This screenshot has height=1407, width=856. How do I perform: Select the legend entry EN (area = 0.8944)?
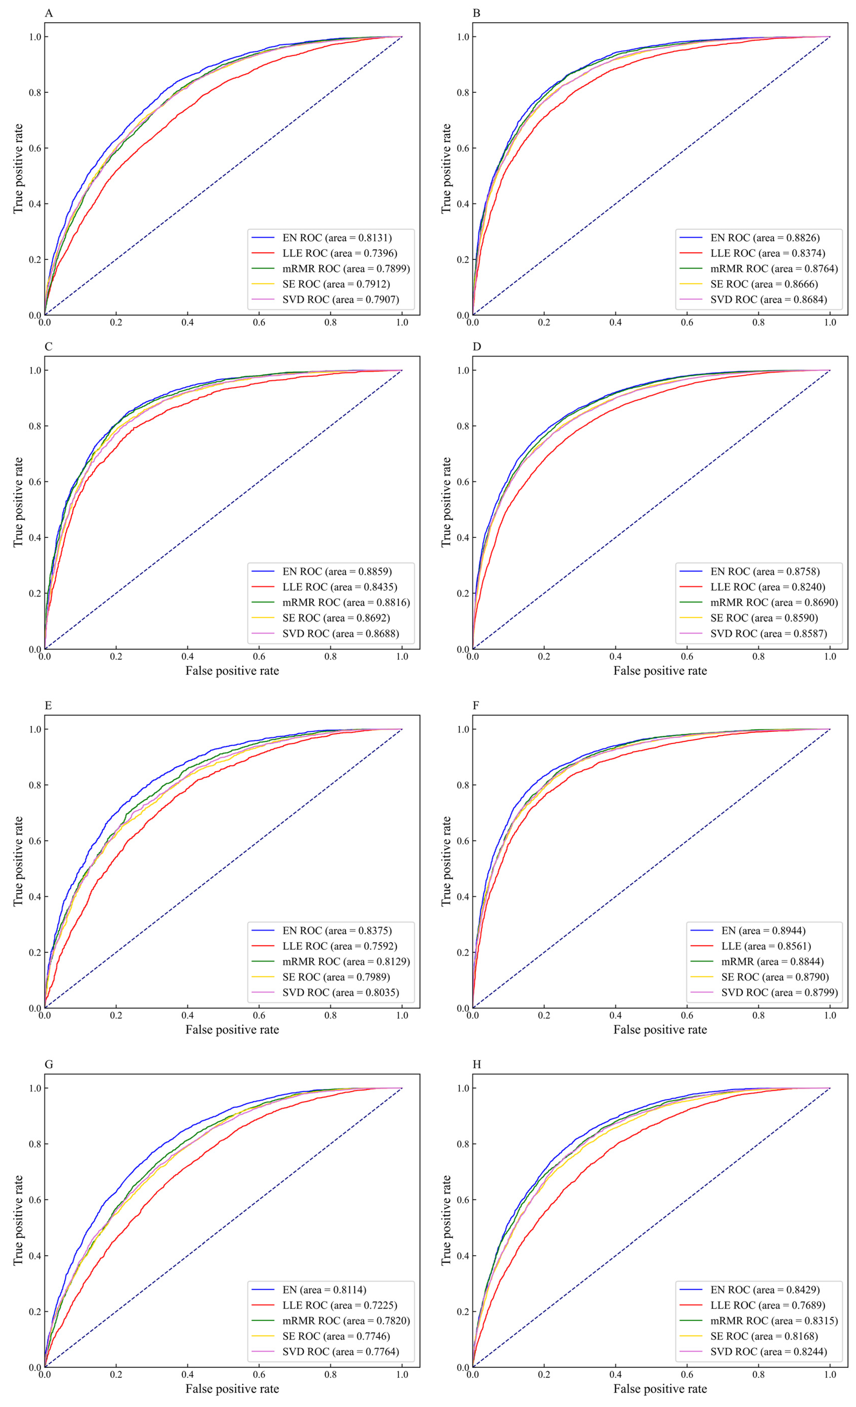763,931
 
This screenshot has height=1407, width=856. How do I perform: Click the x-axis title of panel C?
232,671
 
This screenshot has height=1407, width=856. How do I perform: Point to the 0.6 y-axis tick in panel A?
35,148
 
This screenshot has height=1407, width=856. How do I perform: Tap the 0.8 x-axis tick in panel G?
331,1375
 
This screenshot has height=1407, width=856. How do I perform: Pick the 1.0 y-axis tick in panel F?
463,729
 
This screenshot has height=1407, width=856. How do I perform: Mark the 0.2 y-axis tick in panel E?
35,952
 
